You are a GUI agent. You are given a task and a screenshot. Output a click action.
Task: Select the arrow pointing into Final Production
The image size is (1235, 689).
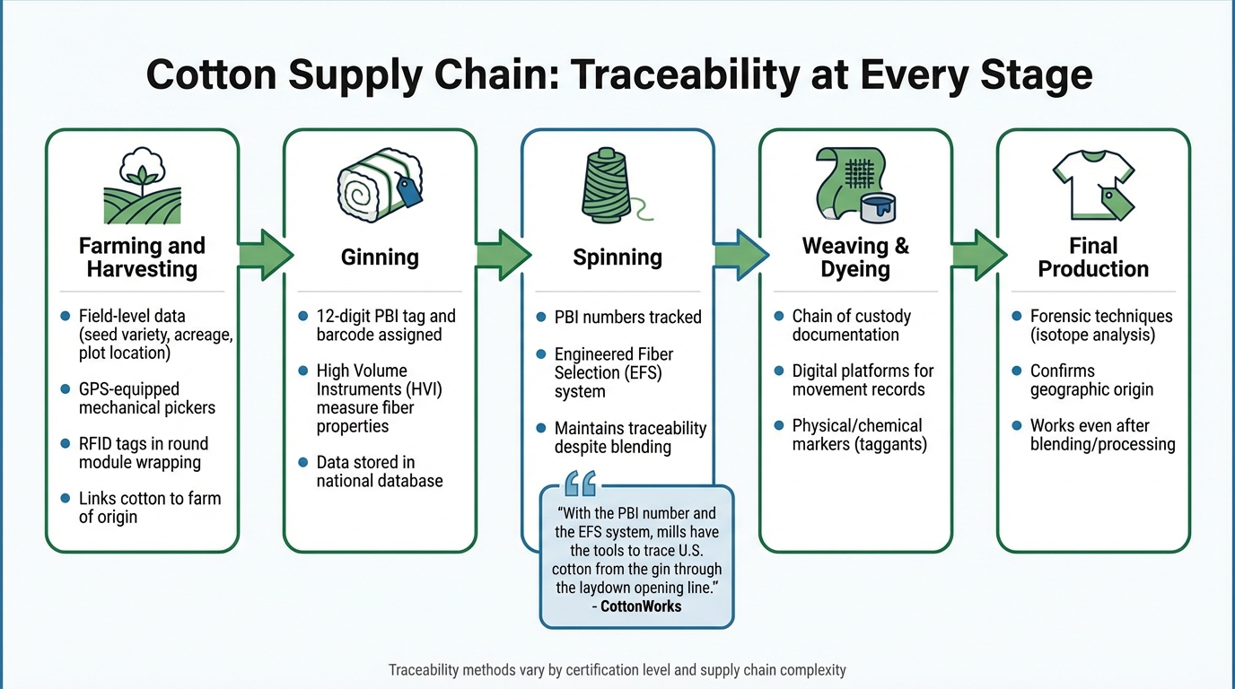point(978,256)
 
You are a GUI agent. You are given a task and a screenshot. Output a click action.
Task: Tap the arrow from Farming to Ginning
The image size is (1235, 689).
point(266,256)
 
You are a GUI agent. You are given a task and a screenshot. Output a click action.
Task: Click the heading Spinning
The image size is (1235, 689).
point(617,257)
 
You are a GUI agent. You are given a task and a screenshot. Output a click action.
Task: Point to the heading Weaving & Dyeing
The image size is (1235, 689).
point(855,257)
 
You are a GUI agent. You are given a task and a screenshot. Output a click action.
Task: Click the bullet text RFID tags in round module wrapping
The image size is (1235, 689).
point(143,453)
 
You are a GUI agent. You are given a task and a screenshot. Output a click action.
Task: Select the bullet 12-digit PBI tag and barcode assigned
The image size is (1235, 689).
point(386,325)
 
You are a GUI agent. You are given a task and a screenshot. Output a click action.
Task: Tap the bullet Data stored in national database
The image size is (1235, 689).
point(380,471)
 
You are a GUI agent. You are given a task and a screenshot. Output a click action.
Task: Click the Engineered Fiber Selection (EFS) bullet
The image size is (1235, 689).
point(614,372)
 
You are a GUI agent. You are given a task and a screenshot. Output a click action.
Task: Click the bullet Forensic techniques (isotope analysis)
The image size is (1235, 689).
point(1101,325)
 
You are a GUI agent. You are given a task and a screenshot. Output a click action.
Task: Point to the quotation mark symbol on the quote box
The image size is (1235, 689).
point(581,485)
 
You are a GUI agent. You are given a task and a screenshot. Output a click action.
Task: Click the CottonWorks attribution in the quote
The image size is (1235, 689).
point(636,606)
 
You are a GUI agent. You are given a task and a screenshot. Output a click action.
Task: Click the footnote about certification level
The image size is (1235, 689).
point(617,670)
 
